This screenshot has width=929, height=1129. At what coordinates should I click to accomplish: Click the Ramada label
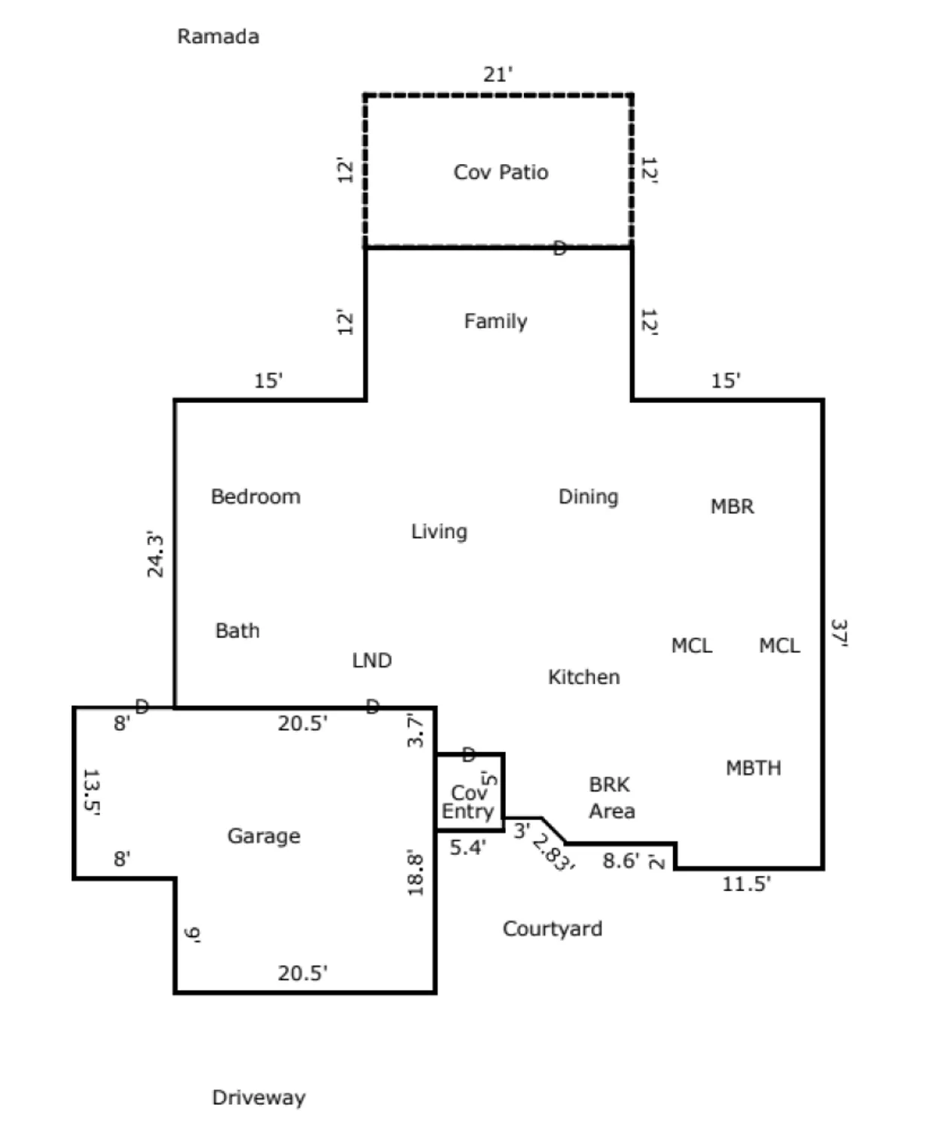(218, 36)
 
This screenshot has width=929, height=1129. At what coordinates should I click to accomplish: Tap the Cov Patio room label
(501, 172)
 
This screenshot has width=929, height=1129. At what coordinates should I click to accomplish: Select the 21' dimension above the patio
(498, 75)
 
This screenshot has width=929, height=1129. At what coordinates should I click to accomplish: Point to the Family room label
(495, 321)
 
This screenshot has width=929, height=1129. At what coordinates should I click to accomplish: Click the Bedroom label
(255, 497)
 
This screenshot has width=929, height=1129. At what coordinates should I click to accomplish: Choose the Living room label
(439, 531)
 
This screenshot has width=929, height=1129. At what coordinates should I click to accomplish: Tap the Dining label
(588, 497)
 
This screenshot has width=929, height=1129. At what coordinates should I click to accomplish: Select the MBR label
(732, 507)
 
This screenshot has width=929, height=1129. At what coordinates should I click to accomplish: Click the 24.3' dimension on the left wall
(155, 555)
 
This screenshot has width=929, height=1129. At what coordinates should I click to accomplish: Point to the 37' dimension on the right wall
(839, 633)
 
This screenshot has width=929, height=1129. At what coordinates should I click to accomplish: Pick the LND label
(372, 661)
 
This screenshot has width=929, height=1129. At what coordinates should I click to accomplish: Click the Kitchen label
(583, 677)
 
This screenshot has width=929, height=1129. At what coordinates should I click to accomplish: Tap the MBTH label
(753, 768)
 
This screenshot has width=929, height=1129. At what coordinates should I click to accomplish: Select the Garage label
(263, 836)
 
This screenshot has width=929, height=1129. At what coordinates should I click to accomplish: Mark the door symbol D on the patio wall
(559, 248)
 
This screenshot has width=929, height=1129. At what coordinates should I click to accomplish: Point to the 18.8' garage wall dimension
(416, 873)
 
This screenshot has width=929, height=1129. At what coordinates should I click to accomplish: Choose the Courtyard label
(552, 929)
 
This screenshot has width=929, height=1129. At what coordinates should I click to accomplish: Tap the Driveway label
(258, 1097)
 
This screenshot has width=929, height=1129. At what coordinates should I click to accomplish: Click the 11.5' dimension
(746, 884)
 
